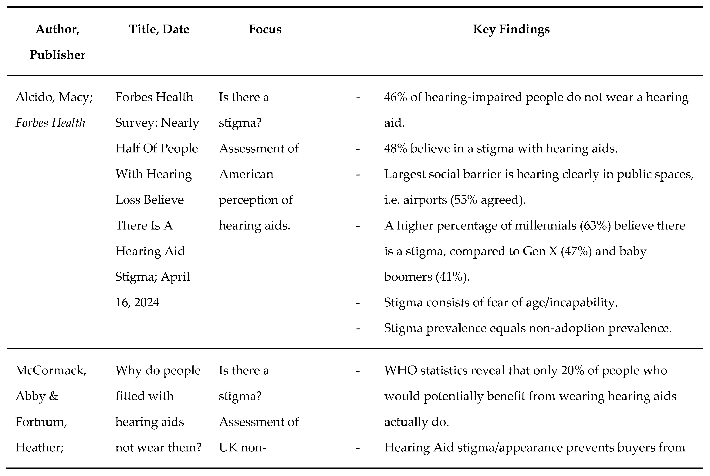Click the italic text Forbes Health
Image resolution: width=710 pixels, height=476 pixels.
tap(50, 123)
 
